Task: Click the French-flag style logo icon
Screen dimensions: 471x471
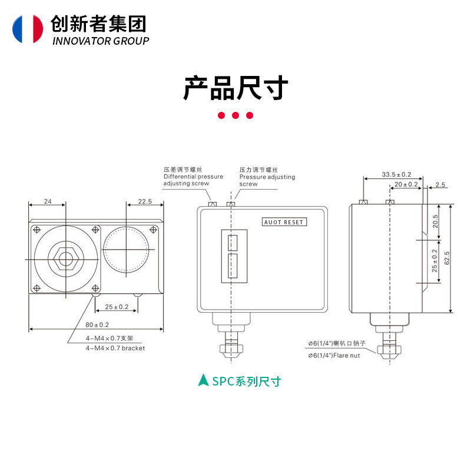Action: [x=28, y=29]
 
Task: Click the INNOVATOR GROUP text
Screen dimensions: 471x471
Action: [x=101, y=41]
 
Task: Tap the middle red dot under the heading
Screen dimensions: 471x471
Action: [x=235, y=115]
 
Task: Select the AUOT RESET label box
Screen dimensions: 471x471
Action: [x=284, y=222]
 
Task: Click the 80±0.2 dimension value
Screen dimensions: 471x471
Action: [x=97, y=325]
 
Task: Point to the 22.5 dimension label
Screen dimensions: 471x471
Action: [x=145, y=201]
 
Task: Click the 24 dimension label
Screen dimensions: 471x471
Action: [x=48, y=201]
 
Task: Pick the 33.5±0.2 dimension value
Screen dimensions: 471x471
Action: [x=396, y=174]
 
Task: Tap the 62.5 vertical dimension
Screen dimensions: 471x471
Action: [x=447, y=258]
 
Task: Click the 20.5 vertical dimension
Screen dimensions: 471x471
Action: [x=435, y=221]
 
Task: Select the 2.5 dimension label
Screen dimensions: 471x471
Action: [x=440, y=184]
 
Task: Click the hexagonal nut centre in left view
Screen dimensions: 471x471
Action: [x=66, y=259]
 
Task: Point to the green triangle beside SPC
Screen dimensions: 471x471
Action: [x=203, y=380]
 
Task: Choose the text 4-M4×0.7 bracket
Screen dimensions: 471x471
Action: [x=115, y=348]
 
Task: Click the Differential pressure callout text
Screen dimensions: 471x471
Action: [x=193, y=176]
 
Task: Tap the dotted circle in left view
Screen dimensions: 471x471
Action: [x=126, y=249]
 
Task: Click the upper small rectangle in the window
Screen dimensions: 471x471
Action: [x=233, y=243]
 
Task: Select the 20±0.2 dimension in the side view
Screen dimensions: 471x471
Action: [x=406, y=184]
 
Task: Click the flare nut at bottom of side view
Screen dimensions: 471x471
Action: [x=390, y=351]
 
